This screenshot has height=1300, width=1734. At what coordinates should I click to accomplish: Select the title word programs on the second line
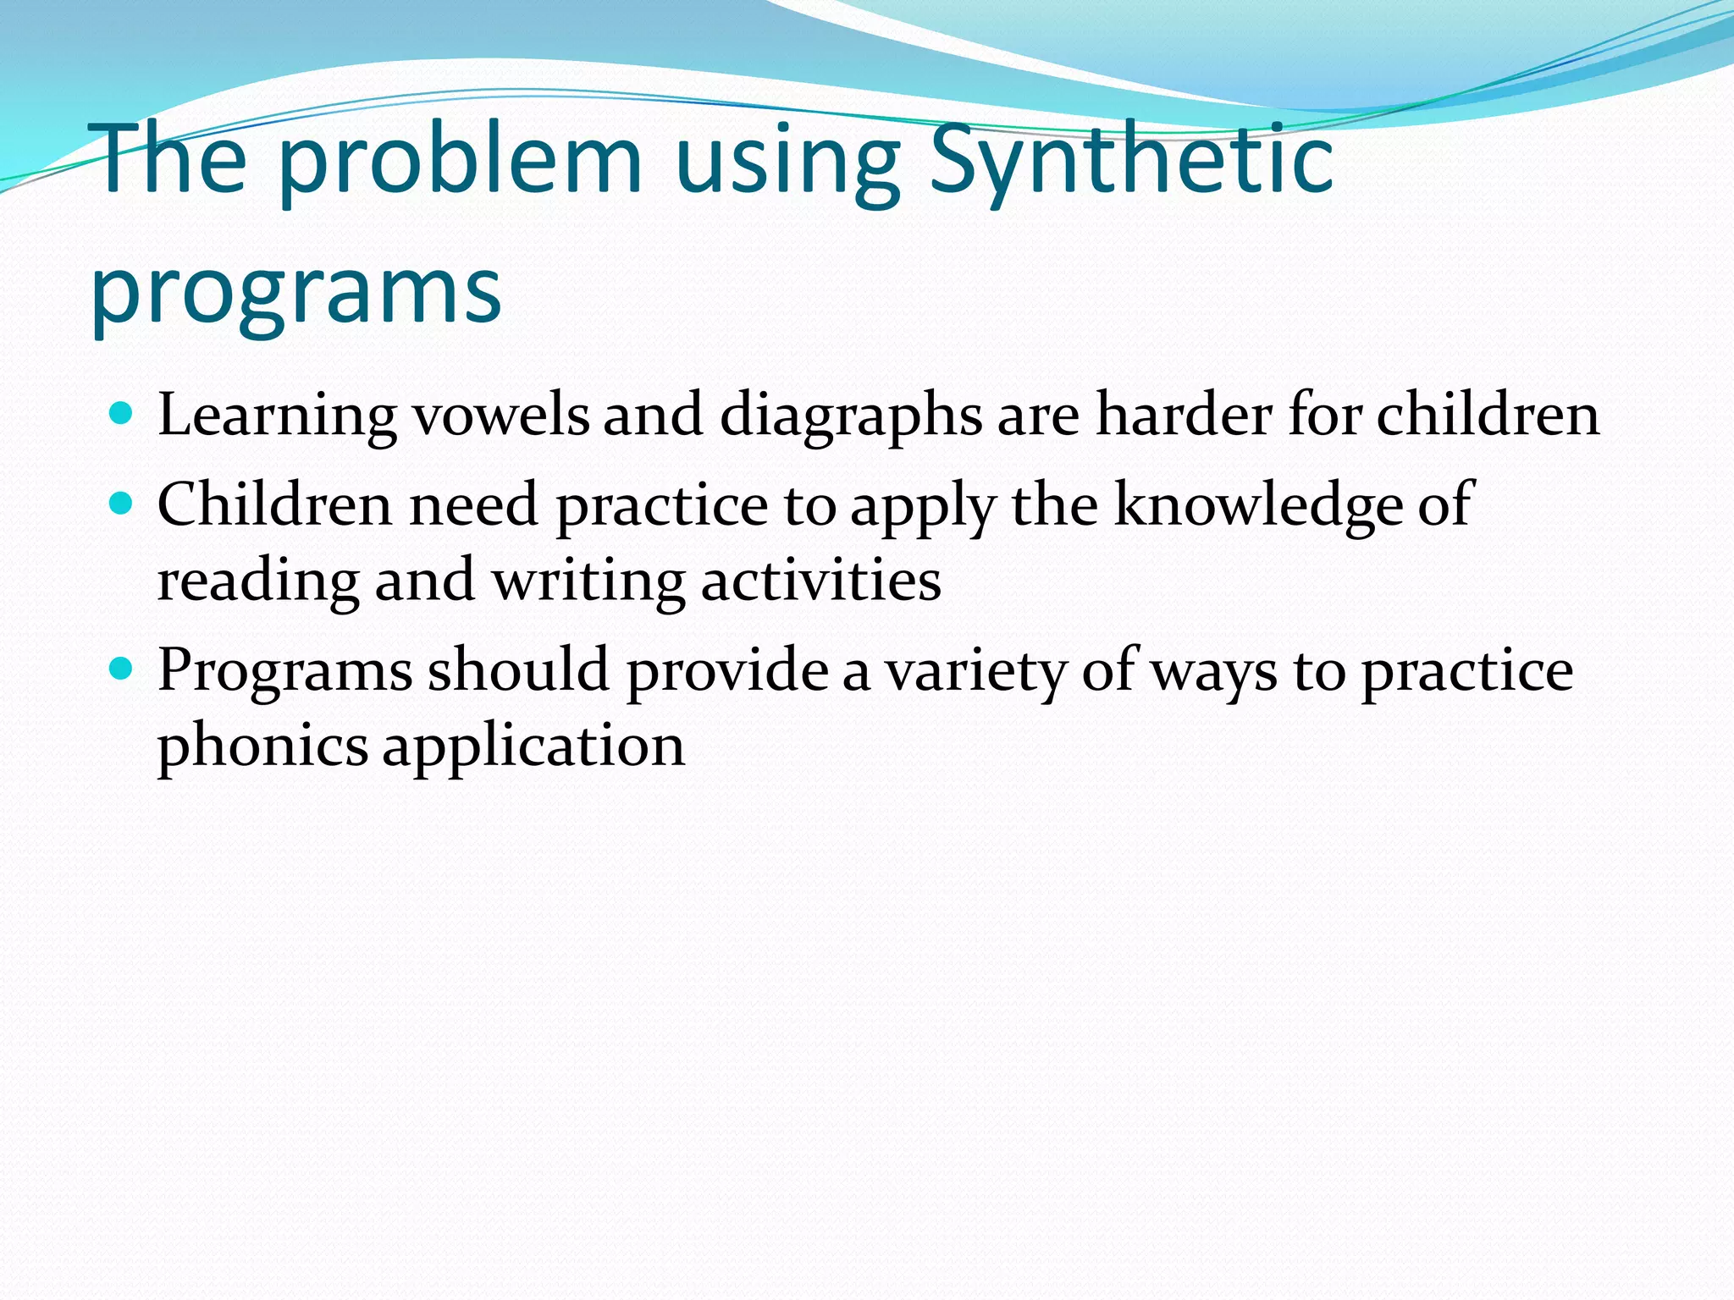click(296, 292)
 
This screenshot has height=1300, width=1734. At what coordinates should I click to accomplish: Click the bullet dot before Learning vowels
click(122, 414)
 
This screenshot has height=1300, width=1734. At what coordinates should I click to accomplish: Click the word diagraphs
click(851, 416)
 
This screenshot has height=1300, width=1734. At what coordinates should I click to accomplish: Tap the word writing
click(588, 582)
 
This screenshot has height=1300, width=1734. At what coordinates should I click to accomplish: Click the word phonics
click(262, 746)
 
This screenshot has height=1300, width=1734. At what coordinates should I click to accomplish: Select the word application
click(533, 746)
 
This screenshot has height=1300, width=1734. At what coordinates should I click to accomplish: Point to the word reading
click(259, 582)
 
